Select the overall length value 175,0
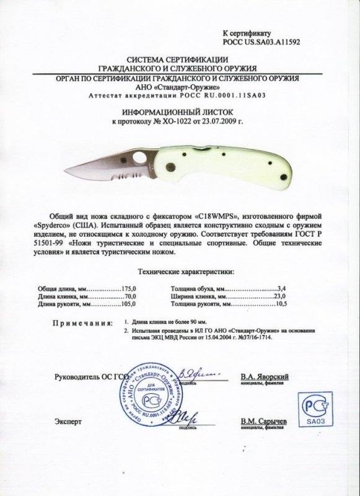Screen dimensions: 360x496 (128, 288)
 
